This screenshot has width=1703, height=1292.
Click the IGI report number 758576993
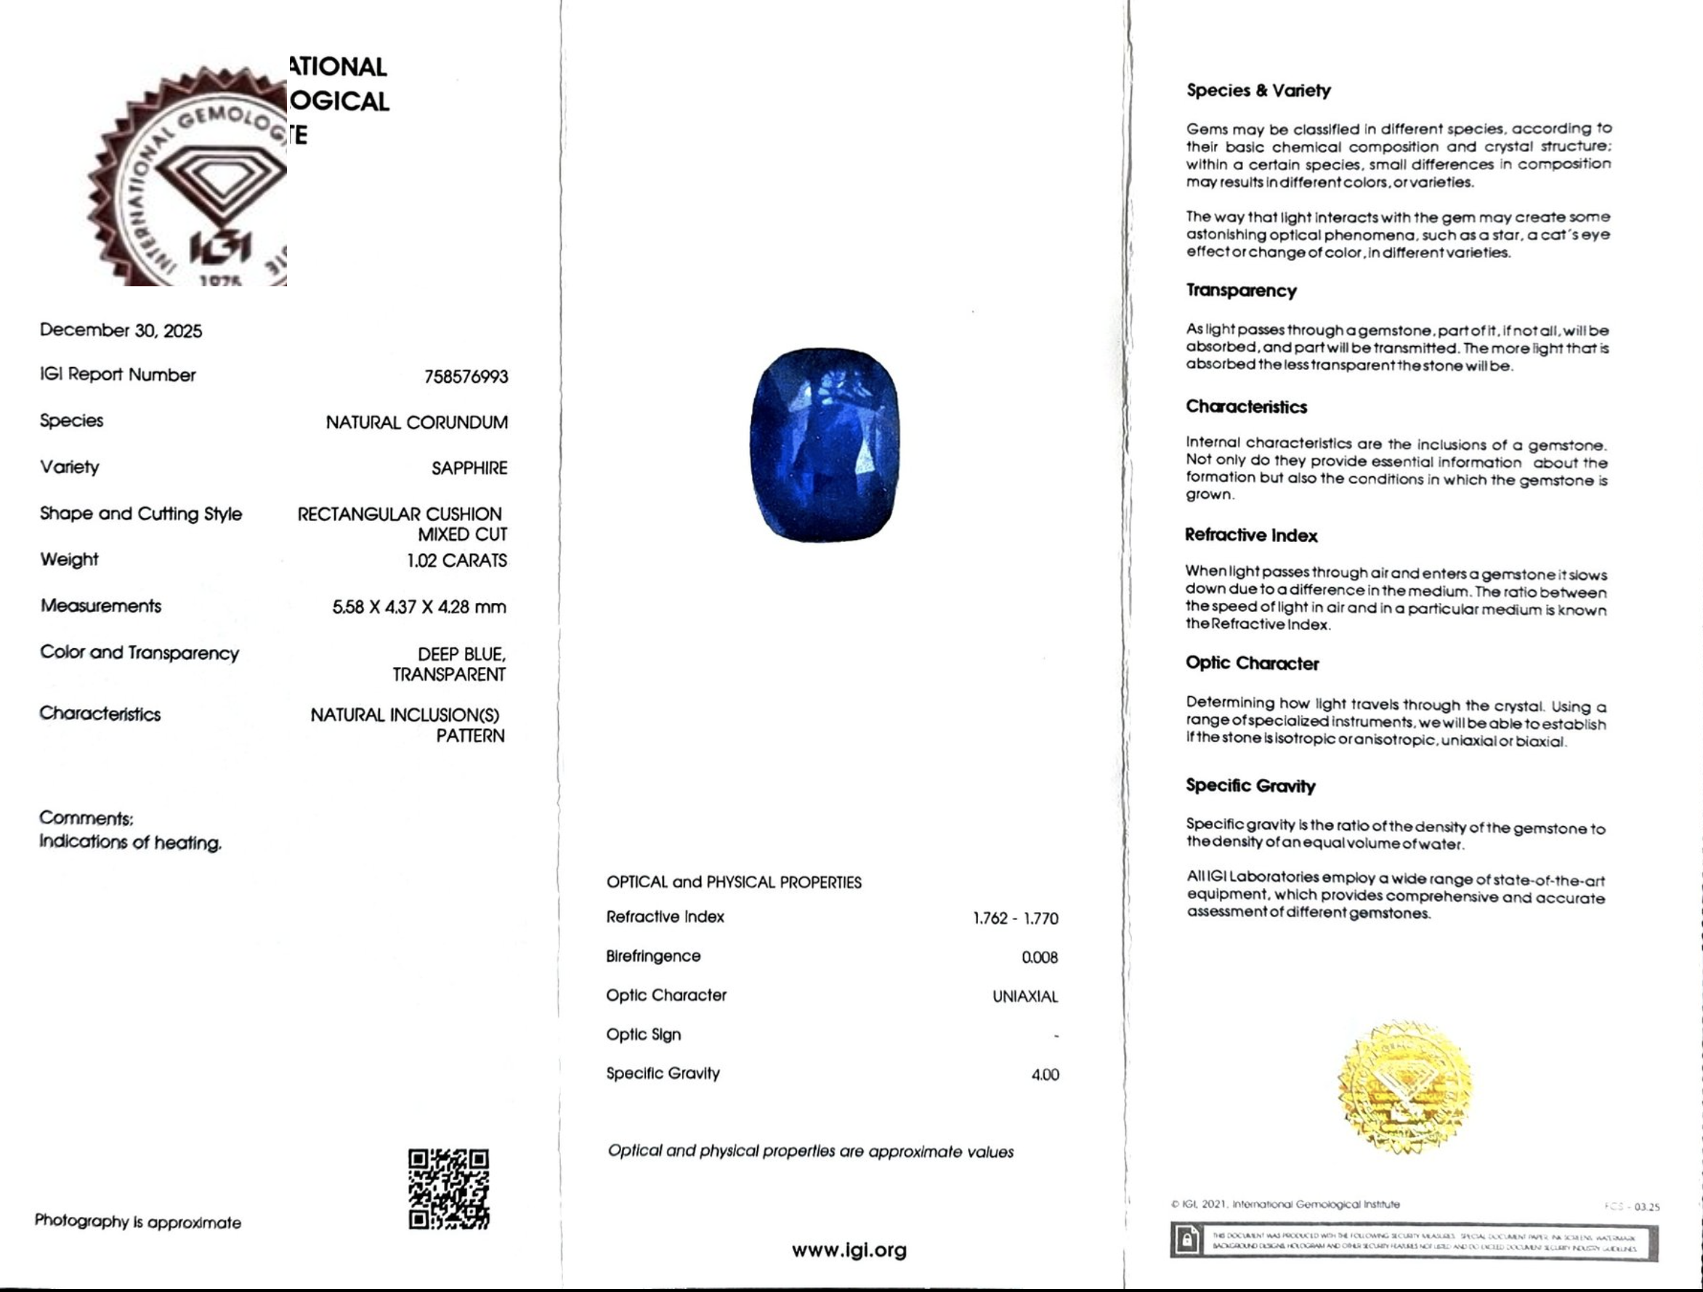tap(466, 376)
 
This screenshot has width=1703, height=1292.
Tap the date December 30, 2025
tap(121, 331)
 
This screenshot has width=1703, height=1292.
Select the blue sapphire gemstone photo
tap(825, 444)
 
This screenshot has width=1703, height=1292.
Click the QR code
tap(448, 1189)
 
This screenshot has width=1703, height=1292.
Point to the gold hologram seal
tap(1404, 1086)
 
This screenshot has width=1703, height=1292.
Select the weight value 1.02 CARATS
tap(456, 560)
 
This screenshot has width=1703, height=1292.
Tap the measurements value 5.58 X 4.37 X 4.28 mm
tap(420, 607)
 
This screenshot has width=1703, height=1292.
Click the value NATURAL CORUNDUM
tap(416, 423)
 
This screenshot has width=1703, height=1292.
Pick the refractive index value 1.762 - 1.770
tap(1016, 918)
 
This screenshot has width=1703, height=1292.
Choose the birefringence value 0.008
tap(1040, 957)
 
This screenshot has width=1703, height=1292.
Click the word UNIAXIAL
tap(1024, 996)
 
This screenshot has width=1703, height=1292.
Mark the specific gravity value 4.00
tap(1045, 1075)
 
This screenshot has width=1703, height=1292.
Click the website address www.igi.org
tap(849, 1250)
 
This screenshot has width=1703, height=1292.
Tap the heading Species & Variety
tap(1258, 90)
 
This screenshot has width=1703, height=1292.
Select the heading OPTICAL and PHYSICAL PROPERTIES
tap(734, 882)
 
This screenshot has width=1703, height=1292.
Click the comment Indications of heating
tap(130, 842)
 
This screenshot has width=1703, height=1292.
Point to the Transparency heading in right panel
tap(1241, 290)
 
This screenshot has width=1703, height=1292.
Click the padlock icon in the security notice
tap(1187, 1240)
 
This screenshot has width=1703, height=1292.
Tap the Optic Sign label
tap(643, 1034)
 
